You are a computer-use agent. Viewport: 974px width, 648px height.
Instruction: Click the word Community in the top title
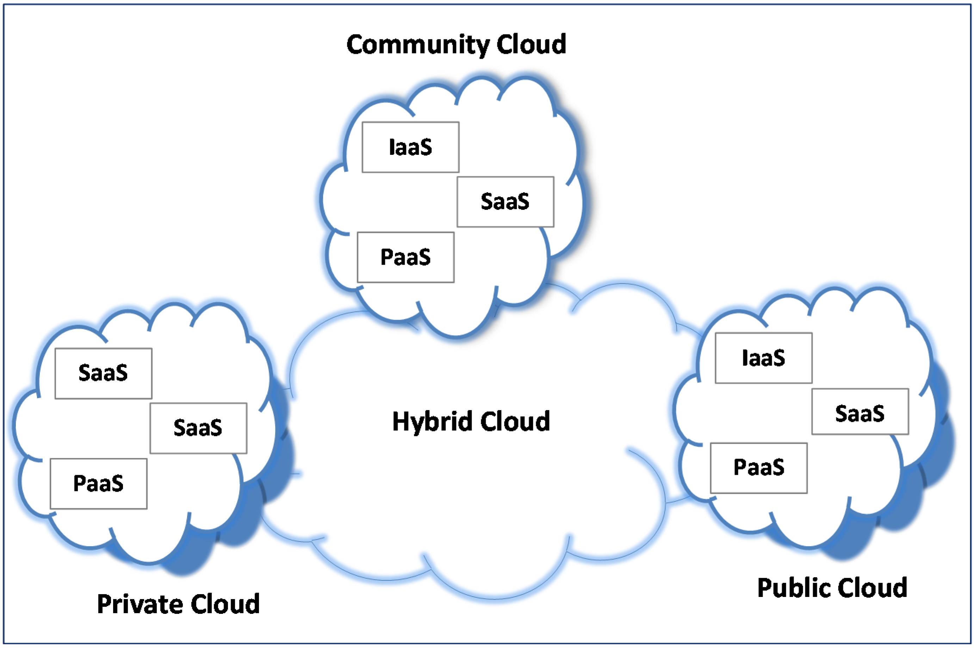pyautogui.click(x=418, y=45)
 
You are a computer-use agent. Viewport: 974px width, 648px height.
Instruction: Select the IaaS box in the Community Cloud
pyautogui.click(x=410, y=147)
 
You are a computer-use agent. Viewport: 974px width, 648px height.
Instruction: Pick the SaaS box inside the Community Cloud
pyautogui.click(x=505, y=202)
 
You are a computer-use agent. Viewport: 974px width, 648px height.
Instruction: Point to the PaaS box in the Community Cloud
pyautogui.click(x=405, y=257)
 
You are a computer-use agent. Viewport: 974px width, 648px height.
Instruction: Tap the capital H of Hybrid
pyautogui.click(x=400, y=422)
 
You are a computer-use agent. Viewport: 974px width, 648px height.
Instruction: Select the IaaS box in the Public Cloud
pyautogui.click(x=763, y=358)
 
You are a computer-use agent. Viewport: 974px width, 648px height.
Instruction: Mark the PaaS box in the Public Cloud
pyautogui.click(x=758, y=468)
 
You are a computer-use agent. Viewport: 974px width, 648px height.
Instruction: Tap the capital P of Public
pyautogui.click(x=764, y=588)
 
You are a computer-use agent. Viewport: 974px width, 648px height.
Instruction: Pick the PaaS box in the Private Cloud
pyautogui.click(x=98, y=484)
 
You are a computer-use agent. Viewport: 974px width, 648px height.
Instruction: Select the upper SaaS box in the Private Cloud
pyautogui.click(x=104, y=373)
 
